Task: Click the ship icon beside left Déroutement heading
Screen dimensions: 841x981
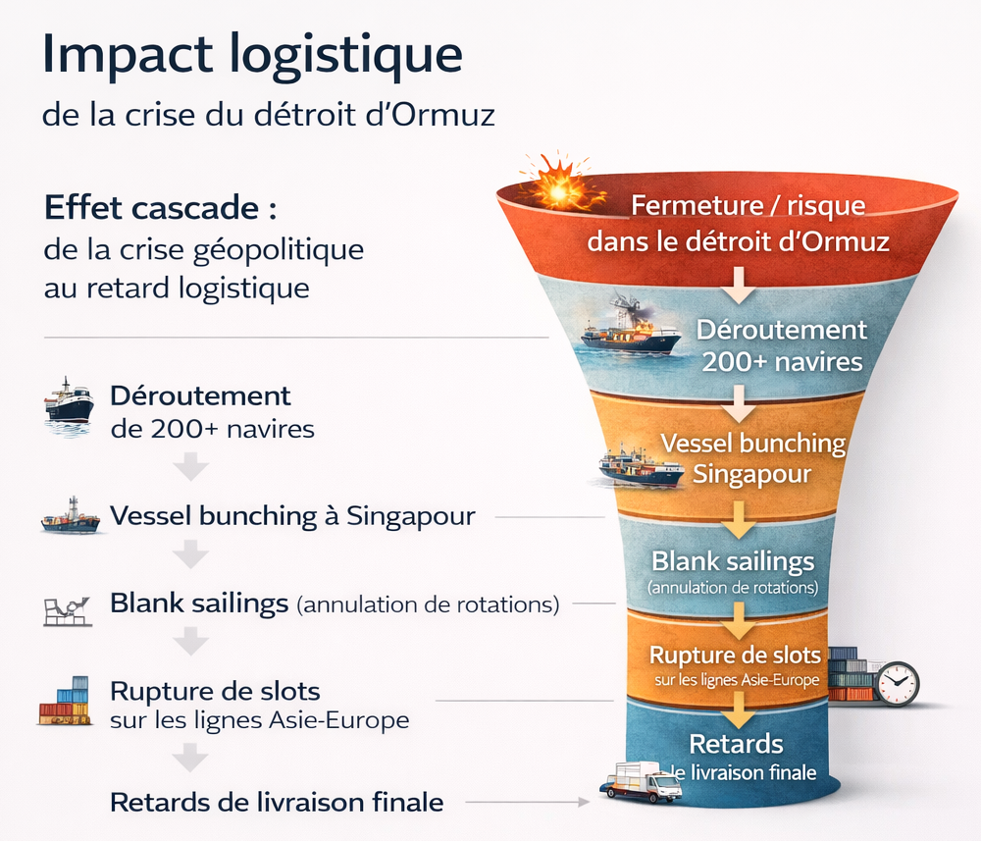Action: coord(69,400)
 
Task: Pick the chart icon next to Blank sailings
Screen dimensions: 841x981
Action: coord(67,609)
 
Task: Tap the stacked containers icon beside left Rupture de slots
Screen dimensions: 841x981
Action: coord(66,702)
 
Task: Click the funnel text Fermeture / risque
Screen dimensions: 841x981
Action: coord(748,206)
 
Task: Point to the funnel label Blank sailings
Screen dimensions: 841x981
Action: coord(733,561)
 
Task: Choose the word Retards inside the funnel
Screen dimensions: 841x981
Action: coord(736,743)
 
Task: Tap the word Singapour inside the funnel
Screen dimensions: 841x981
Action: coord(751,474)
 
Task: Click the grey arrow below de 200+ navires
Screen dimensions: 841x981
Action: coord(192,467)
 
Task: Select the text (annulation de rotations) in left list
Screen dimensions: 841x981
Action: coord(428,604)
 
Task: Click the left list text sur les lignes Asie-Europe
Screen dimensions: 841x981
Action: coord(259,720)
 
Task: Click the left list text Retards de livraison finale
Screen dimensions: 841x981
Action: coord(277,802)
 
